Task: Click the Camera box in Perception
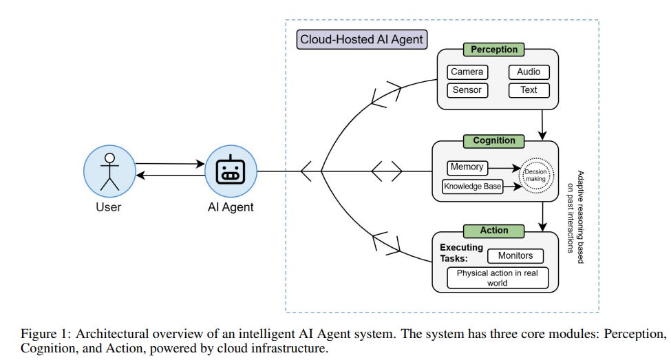[467, 72]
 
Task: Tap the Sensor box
[467, 90]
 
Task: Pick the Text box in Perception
[529, 90]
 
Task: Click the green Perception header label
[493, 50]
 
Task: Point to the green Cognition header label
[493, 140]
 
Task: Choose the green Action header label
[495, 231]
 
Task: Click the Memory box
[467, 167]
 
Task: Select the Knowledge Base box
[471, 185]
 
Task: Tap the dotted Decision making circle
[538, 176]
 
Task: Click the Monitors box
[515, 256]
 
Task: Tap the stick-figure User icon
[107, 171]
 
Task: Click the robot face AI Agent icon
[230, 171]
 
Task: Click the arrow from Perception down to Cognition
[544, 125]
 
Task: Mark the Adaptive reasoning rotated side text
[575, 211]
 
